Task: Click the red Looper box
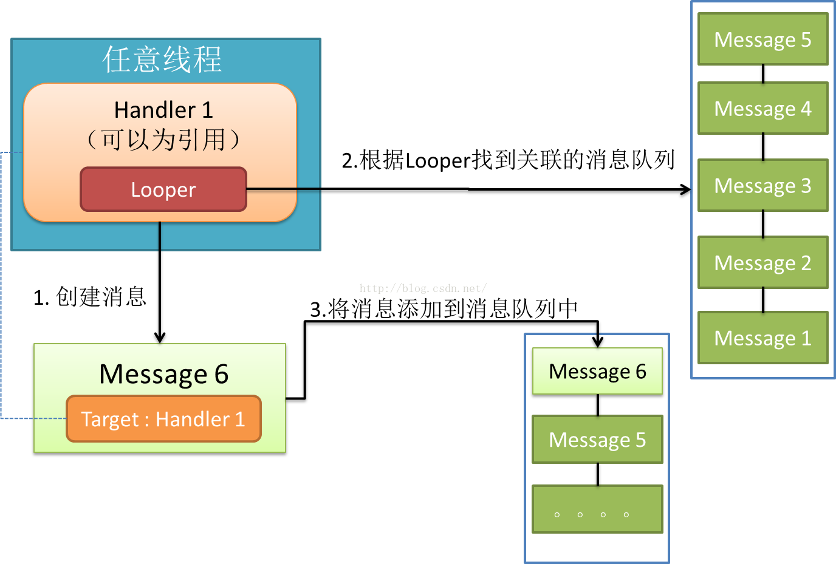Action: [x=163, y=189]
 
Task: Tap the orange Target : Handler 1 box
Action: [x=163, y=419]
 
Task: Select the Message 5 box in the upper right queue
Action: [x=762, y=39]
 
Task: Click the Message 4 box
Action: [x=762, y=109]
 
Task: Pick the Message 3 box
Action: [x=762, y=186]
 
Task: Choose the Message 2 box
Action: [x=762, y=263]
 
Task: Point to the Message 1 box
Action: [x=762, y=338]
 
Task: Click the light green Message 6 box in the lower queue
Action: [x=597, y=371]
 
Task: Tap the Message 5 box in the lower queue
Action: [x=597, y=440]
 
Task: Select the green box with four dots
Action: [x=597, y=509]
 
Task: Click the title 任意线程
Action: [x=162, y=59]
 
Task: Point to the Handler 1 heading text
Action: [x=163, y=110]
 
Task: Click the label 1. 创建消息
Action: [x=90, y=297]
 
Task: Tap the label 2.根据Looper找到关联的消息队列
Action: [x=508, y=160]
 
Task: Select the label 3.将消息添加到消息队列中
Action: [x=444, y=309]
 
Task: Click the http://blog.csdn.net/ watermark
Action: [x=423, y=288]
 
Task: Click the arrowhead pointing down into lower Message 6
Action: [x=598, y=342]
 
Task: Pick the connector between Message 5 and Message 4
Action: [x=763, y=74]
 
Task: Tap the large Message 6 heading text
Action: [x=163, y=374]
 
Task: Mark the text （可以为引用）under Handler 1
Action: [x=163, y=140]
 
